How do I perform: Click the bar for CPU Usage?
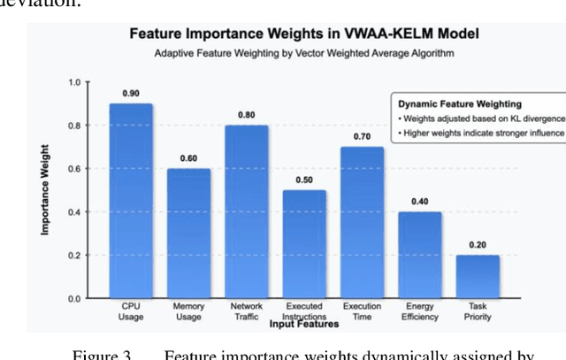point(131,201)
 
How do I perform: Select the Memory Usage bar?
point(188,234)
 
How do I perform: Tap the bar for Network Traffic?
point(247,211)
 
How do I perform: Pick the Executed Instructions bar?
point(304,244)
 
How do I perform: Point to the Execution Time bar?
point(363,222)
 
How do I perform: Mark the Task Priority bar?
point(478,276)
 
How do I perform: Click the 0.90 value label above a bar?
point(131,93)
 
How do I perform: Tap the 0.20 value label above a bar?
point(478,244)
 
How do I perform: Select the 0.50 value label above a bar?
point(304,180)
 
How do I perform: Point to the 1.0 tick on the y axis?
point(74,83)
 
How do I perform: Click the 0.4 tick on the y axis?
point(74,212)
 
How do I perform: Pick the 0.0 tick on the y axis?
point(74,299)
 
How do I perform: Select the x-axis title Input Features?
point(304,325)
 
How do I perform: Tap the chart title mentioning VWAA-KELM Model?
point(304,34)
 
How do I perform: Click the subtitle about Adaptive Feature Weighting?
point(304,53)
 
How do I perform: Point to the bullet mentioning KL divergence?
point(480,119)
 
